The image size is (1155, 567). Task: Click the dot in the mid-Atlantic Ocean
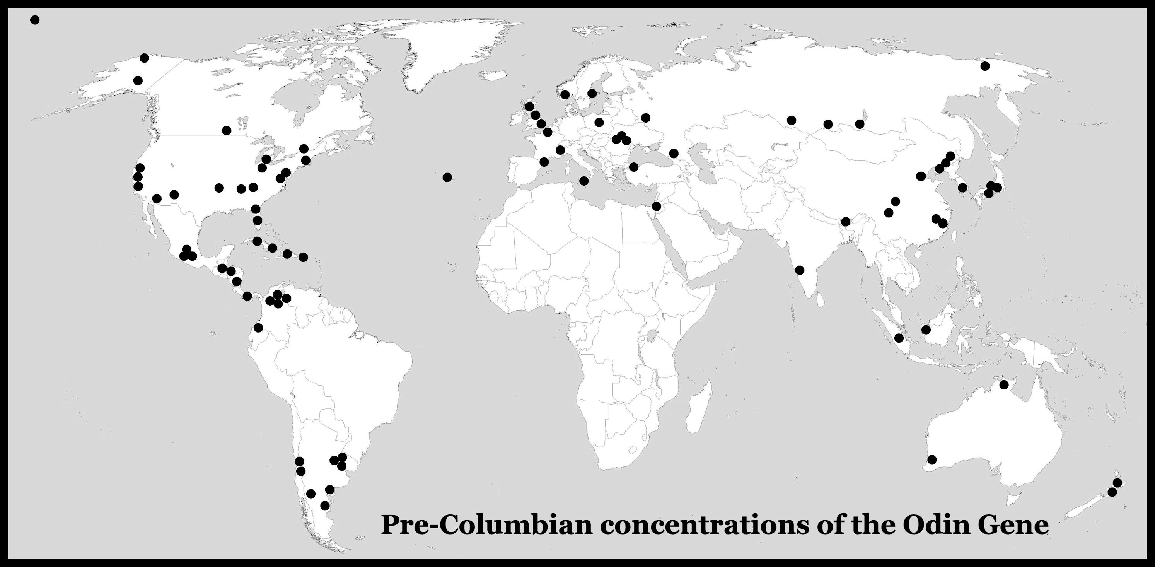[447, 177]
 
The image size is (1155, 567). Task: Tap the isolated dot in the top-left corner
[34, 20]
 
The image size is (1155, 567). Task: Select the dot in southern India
[799, 270]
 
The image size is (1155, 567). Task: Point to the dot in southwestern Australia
[932, 459]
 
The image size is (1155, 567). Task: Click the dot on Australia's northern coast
[1004, 384]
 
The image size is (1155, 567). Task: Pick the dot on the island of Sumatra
[899, 338]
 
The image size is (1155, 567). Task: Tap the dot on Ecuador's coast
[258, 328]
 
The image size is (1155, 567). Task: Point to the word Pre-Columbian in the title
[486, 524]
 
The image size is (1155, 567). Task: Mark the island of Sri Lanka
[819, 299]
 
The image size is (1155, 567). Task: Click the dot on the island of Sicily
[584, 181]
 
